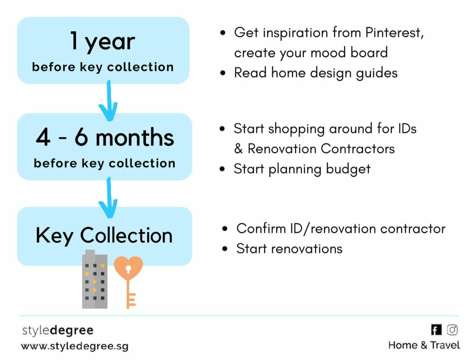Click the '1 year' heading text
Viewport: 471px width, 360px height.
click(102, 41)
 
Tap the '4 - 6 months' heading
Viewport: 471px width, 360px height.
click(105, 138)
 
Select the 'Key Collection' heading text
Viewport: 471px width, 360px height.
click(104, 235)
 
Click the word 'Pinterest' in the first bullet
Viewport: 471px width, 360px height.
click(394, 33)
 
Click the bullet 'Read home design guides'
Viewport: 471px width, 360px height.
click(316, 73)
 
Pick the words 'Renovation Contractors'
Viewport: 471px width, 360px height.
click(321, 149)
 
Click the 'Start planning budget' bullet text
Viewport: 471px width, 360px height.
click(302, 169)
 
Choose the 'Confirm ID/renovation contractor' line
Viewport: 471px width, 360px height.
click(341, 229)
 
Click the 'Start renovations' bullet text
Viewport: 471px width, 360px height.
click(289, 249)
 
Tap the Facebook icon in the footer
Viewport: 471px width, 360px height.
click(436, 330)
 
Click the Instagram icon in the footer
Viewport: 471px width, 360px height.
click(453, 330)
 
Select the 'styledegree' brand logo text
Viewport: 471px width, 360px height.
click(58, 330)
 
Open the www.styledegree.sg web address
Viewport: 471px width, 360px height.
click(75, 346)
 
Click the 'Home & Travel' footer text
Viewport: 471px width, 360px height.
click(424, 345)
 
